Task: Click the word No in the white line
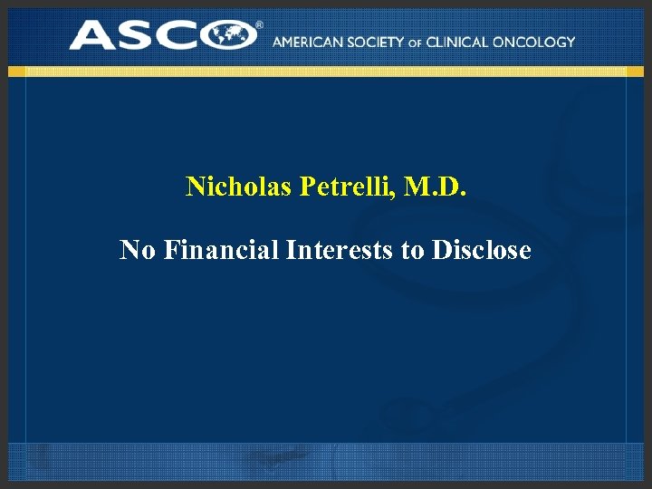pyautogui.click(x=138, y=249)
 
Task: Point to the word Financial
pyautogui.click(x=221, y=249)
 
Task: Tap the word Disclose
pyautogui.click(x=482, y=249)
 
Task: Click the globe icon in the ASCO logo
pyautogui.click(x=232, y=36)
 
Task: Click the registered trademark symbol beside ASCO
pyautogui.click(x=259, y=25)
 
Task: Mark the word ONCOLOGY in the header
pyautogui.click(x=537, y=42)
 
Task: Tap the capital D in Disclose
pyautogui.click(x=441, y=249)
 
